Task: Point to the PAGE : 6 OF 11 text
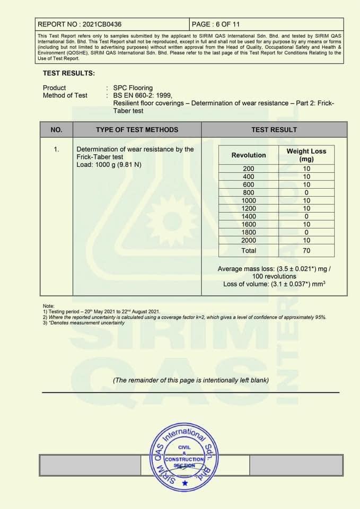pyautogui.click(x=216, y=24)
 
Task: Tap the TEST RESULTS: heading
pyautogui.click(x=69, y=73)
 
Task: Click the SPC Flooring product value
pyautogui.click(x=133, y=87)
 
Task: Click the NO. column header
pyautogui.click(x=56, y=129)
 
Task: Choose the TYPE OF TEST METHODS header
pyautogui.click(x=137, y=129)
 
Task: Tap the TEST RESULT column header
pyautogui.click(x=274, y=129)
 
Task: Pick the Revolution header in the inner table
pyautogui.click(x=249, y=155)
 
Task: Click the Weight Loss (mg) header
pyautogui.click(x=306, y=155)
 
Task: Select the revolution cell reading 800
pyautogui.click(x=248, y=192)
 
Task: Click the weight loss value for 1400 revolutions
pyautogui.click(x=306, y=216)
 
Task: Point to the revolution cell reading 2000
pyautogui.click(x=248, y=240)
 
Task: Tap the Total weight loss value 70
pyautogui.click(x=306, y=250)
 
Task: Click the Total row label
pyautogui.click(x=248, y=250)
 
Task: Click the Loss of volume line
pyautogui.click(x=274, y=284)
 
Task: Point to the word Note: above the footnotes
pyautogui.click(x=49, y=306)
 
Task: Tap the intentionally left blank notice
pyautogui.click(x=190, y=380)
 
